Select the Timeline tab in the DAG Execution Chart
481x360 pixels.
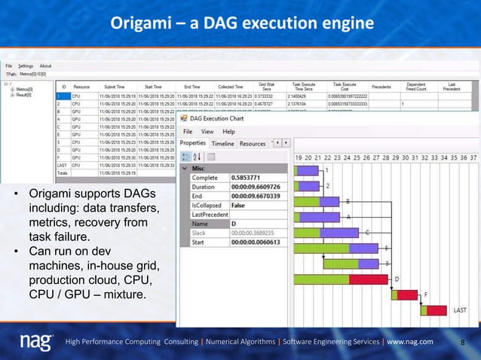(x=222, y=143)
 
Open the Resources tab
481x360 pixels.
(x=253, y=143)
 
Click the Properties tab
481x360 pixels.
(x=193, y=143)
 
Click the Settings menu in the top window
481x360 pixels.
(x=26, y=66)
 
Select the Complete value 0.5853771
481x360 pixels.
(x=245, y=178)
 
